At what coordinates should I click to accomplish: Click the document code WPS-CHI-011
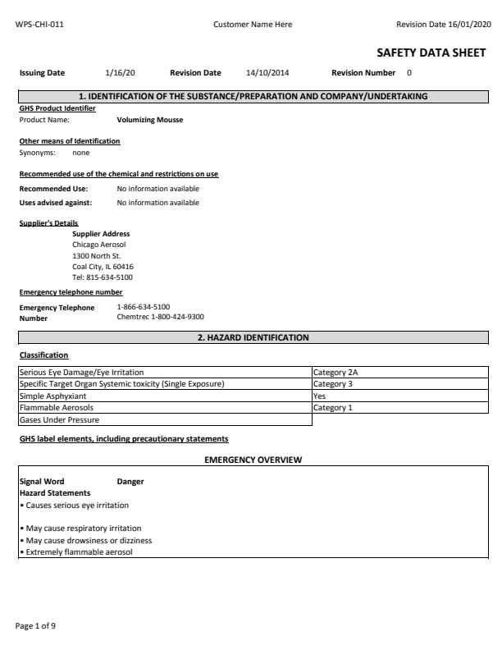click(39, 25)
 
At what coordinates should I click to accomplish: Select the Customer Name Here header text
click(253, 25)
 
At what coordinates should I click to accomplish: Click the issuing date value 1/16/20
click(121, 73)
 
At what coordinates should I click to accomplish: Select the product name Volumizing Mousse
click(150, 120)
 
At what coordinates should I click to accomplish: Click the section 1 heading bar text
click(253, 96)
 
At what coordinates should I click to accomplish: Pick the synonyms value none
click(81, 153)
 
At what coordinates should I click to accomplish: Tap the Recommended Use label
click(53, 189)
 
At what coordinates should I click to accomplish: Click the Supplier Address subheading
click(101, 234)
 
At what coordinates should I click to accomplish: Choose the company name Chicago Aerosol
click(99, 245)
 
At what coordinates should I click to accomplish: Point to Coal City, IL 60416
click(103, 267)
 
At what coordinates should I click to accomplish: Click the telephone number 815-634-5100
click(107, 277)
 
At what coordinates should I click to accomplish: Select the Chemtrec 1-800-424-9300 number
click(161, 317)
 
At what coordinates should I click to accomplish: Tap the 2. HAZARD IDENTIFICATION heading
click(253, 337)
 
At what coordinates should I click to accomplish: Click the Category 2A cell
click(335, 373)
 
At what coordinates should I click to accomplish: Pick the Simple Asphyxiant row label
click(52, 396)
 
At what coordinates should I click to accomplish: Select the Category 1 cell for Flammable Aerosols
click(333, 408)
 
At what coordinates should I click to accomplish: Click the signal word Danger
click(130, 482)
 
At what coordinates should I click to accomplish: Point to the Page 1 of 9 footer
click(36, 626)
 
